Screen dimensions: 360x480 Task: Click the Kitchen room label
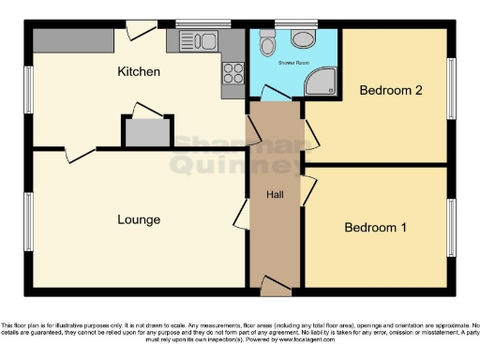[138, 71]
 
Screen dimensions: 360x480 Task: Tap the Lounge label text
[138, 219]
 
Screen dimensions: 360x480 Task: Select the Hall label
[276, 195]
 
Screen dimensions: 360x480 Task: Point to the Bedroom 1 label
[376, 228]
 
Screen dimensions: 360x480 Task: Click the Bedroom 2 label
[391, 91]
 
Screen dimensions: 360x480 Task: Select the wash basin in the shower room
[302, 38]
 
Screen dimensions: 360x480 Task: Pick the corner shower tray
[323, 82]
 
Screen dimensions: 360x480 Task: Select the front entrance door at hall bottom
[275, 283]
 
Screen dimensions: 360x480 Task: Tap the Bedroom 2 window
[451, 89]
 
